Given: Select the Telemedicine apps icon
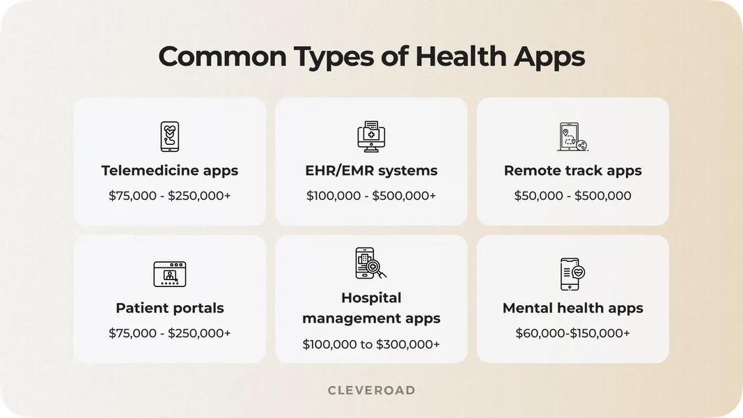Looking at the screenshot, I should tap(169, 137).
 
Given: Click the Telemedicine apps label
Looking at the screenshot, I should tap(169, 171).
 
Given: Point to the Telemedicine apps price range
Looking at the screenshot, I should tap(169, 196).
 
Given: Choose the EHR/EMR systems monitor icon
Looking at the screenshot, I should tap(370, 137).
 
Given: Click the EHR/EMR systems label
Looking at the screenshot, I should tap(371, 171).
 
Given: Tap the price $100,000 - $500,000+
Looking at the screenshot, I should tap(371, 196).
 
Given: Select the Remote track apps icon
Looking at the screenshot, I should tap(572, 137).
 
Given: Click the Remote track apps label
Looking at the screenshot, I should tap(572, 171).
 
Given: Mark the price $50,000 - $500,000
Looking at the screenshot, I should tap(572, 196).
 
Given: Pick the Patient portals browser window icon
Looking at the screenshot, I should tap(169, 274).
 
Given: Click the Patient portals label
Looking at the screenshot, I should tap(169, 308).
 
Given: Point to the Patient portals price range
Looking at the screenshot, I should tap(169, 334).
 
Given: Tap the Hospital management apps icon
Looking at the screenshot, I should tap(370, 263).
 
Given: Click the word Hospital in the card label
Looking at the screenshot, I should tap(371, 298).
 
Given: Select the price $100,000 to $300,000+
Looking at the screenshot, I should tap(371, 343).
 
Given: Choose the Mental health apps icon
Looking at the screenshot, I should tap(572, 274).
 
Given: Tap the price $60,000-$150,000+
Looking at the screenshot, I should tap(572, 334).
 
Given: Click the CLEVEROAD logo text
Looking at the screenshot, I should tap(371, 391).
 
